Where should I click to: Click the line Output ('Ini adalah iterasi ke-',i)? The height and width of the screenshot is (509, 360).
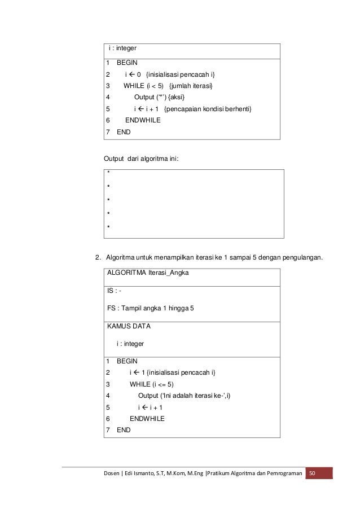click(x=185, y=395)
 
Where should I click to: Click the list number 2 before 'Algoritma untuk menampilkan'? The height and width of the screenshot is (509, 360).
click(x=98, y=259)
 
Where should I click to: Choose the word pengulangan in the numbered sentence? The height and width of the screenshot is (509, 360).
click(x=305, y=259)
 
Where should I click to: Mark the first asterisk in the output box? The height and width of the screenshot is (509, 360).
click(x=108, y=173)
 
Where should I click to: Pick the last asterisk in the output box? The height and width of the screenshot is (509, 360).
click(x=108, y=227)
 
